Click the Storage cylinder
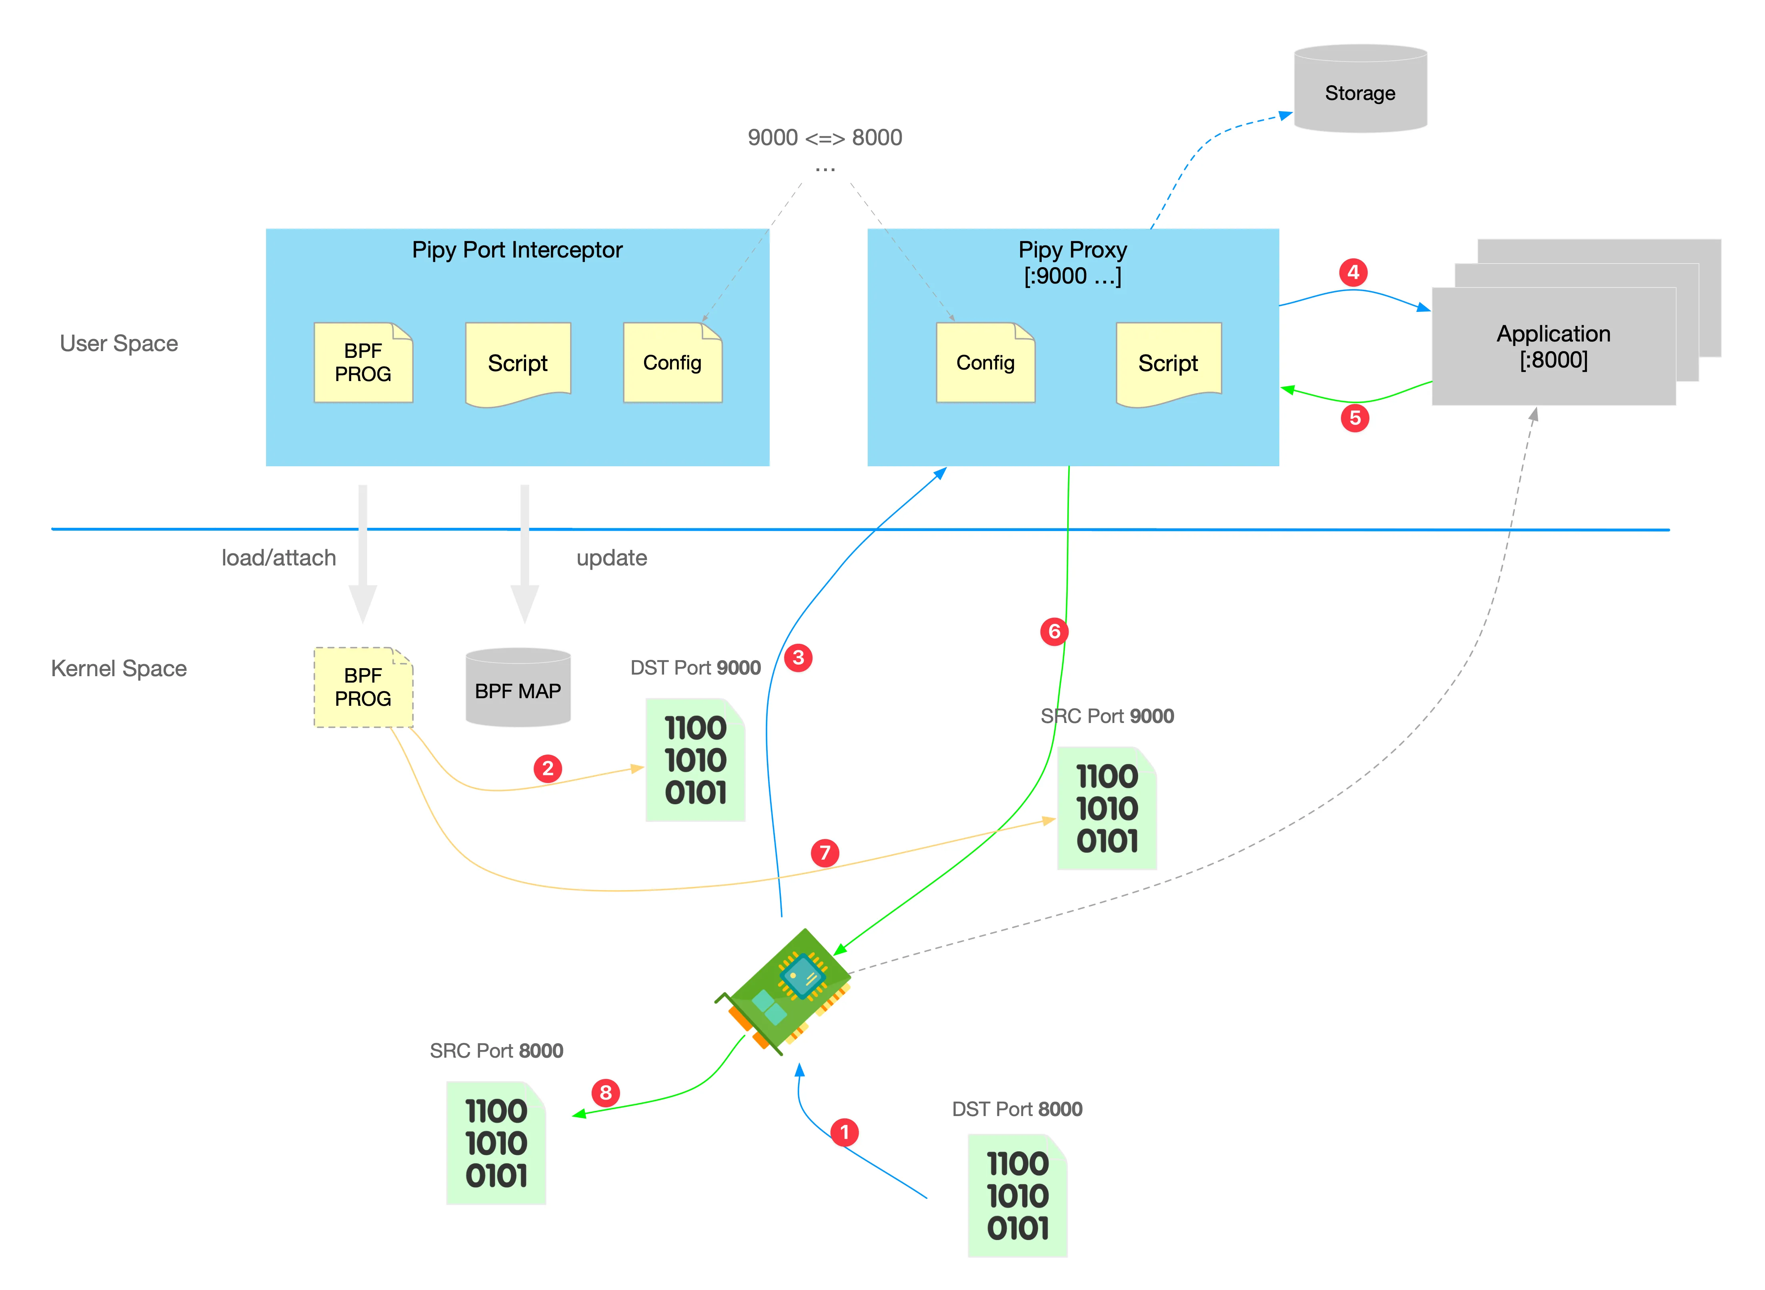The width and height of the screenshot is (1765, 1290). pos(1360,89)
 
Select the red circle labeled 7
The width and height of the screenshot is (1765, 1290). pos(825,853)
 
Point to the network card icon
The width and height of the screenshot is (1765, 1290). pos(783,990)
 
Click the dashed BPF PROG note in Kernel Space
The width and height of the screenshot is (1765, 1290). pos(363,687)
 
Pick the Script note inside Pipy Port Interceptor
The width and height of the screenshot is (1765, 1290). pos(518,363)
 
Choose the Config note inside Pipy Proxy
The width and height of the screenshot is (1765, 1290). pos(986,363)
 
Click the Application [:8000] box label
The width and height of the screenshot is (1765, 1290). pos(1553,346)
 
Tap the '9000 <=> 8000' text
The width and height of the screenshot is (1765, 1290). pos(825,138)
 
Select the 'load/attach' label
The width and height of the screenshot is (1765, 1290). pos(279,557)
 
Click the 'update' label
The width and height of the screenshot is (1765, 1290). pos(612,557)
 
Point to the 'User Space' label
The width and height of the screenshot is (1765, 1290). pos(119,343)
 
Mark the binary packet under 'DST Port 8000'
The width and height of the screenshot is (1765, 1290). pos(1017,1196)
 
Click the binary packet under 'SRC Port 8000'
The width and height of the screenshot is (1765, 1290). pos(496,1143)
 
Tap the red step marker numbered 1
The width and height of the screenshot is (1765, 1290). pos(844,1132)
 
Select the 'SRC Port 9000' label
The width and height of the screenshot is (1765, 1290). pos(1107,716)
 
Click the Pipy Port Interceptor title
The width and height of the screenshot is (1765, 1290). pos(517,250)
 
